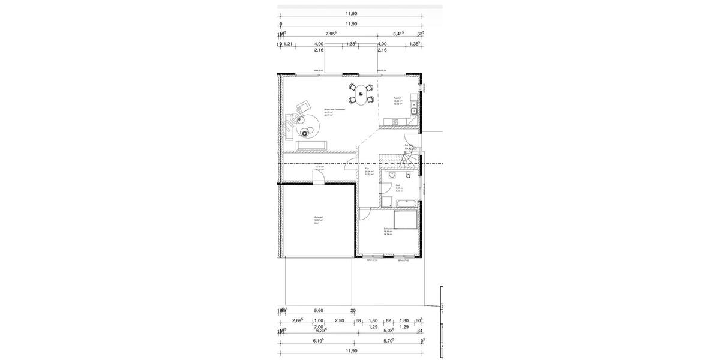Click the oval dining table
361,96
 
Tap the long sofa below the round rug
312,144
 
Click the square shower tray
386,202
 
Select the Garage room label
318,217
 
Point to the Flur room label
367,169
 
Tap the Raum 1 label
397,98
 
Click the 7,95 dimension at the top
331,34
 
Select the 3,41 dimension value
398,34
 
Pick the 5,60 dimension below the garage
319,310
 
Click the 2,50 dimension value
339,320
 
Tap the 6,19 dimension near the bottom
318,340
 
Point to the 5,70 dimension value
389,340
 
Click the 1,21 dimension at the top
288,44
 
